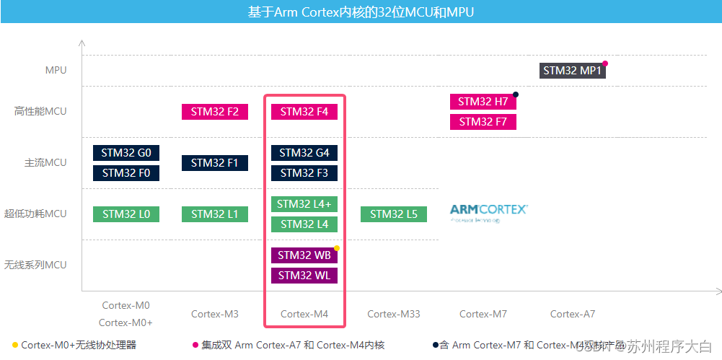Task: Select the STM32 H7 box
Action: coord(483,102)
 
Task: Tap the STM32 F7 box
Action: coord(483,122)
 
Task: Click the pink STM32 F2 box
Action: coord(214,112)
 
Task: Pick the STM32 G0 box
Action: coord(126,153)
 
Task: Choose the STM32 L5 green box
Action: coord(393,214)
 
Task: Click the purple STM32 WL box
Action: coord(304,276)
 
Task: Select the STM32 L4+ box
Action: coord(304,204)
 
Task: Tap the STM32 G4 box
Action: coord(304,153)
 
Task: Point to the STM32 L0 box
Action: coord(126,214)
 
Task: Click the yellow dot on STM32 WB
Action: coord(337,247)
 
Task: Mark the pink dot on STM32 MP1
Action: coord(605,63)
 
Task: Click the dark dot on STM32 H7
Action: coord(516,95)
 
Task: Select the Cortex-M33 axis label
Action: coord(393,314)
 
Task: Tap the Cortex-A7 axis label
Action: coord(573,314)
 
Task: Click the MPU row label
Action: coord(56,71)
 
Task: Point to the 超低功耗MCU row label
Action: coord(35,214)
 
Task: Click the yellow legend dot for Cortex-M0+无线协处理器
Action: coord(15,345)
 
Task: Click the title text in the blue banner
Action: coord(361,12)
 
